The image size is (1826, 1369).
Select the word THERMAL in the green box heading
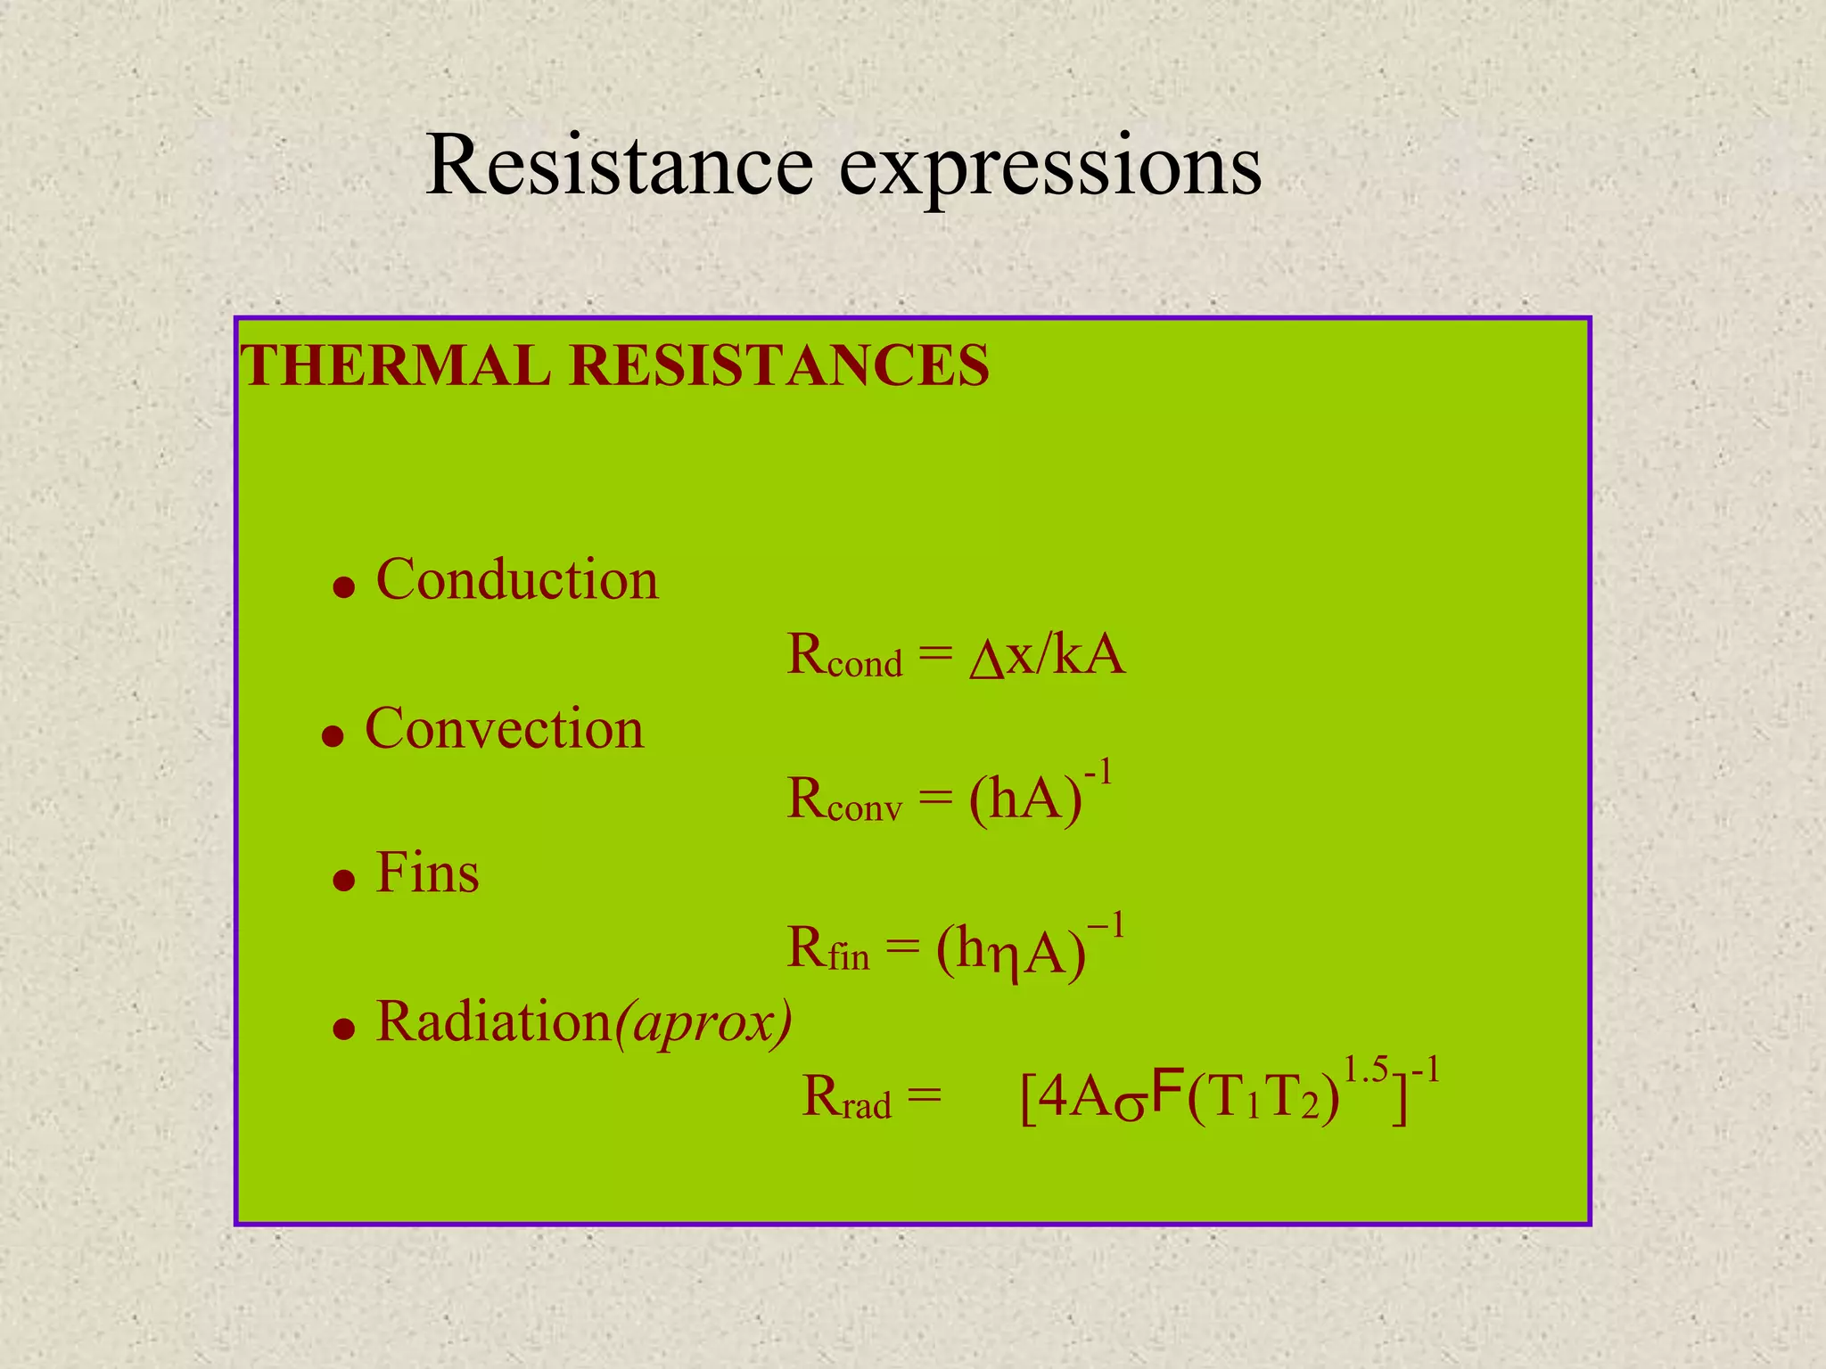395,365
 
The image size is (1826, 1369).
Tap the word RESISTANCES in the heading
778,365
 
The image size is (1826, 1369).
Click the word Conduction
517,579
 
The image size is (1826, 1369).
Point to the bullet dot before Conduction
343,587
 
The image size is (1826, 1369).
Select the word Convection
504,728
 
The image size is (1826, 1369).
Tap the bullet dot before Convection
333,736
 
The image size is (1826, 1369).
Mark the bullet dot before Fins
343,881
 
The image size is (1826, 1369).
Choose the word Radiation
493,1021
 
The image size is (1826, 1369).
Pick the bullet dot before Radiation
343,1030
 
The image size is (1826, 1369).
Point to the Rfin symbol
827,948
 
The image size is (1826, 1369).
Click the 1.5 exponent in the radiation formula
1365,1069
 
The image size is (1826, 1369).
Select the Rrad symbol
846,1098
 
